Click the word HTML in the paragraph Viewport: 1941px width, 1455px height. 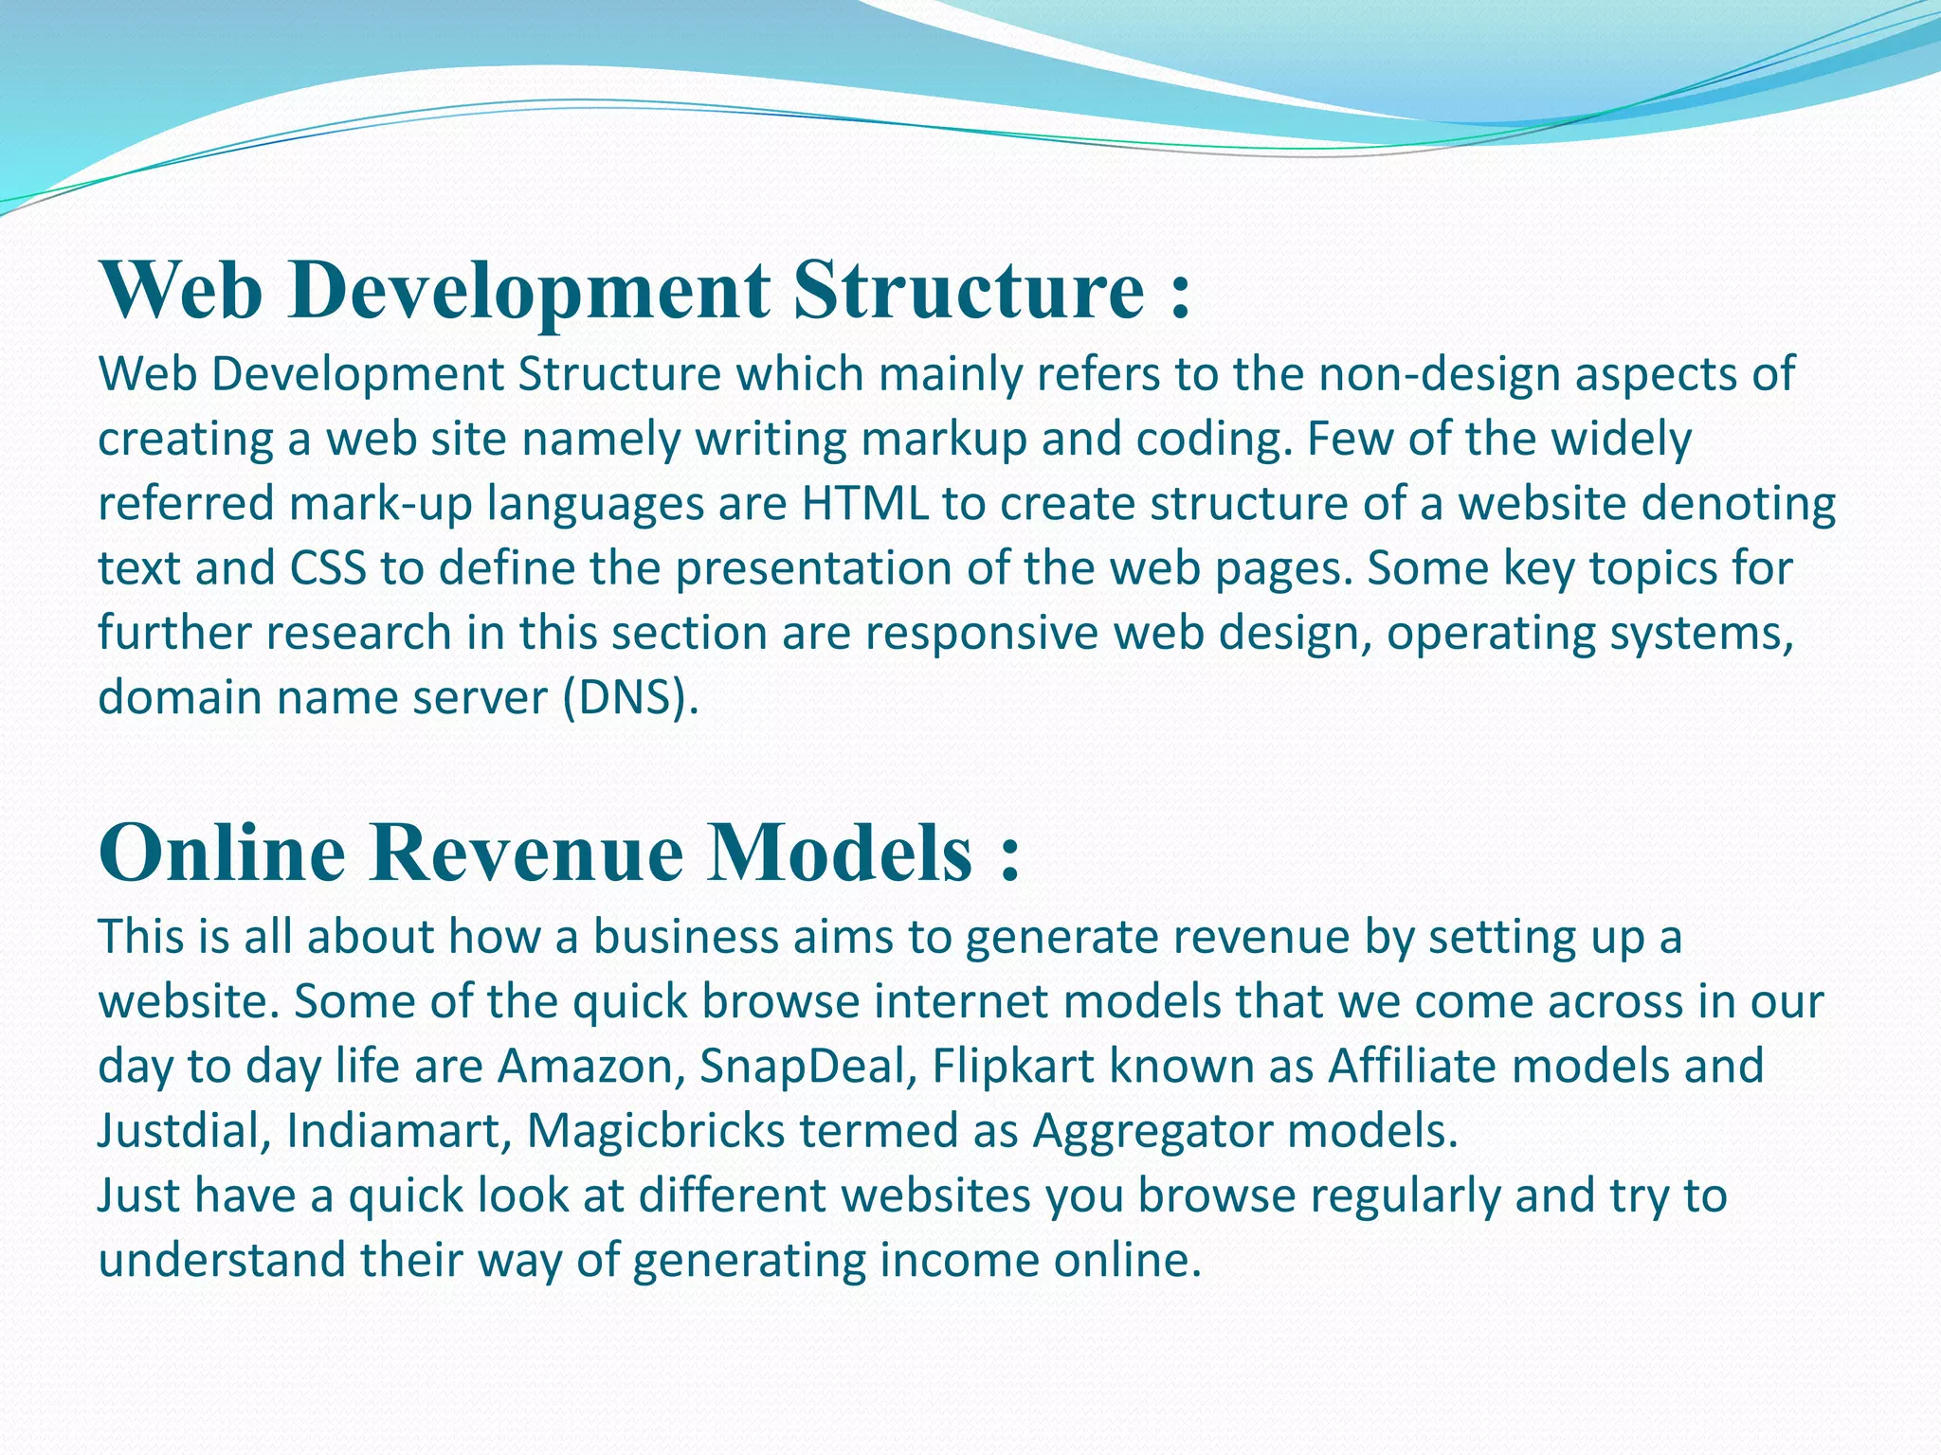click(x=864, y=504)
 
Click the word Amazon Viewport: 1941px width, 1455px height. click(x=591, y=1066)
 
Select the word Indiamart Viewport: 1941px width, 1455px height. click(x=398, y=1130)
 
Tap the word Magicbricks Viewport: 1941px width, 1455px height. click(x=656, y=1130)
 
